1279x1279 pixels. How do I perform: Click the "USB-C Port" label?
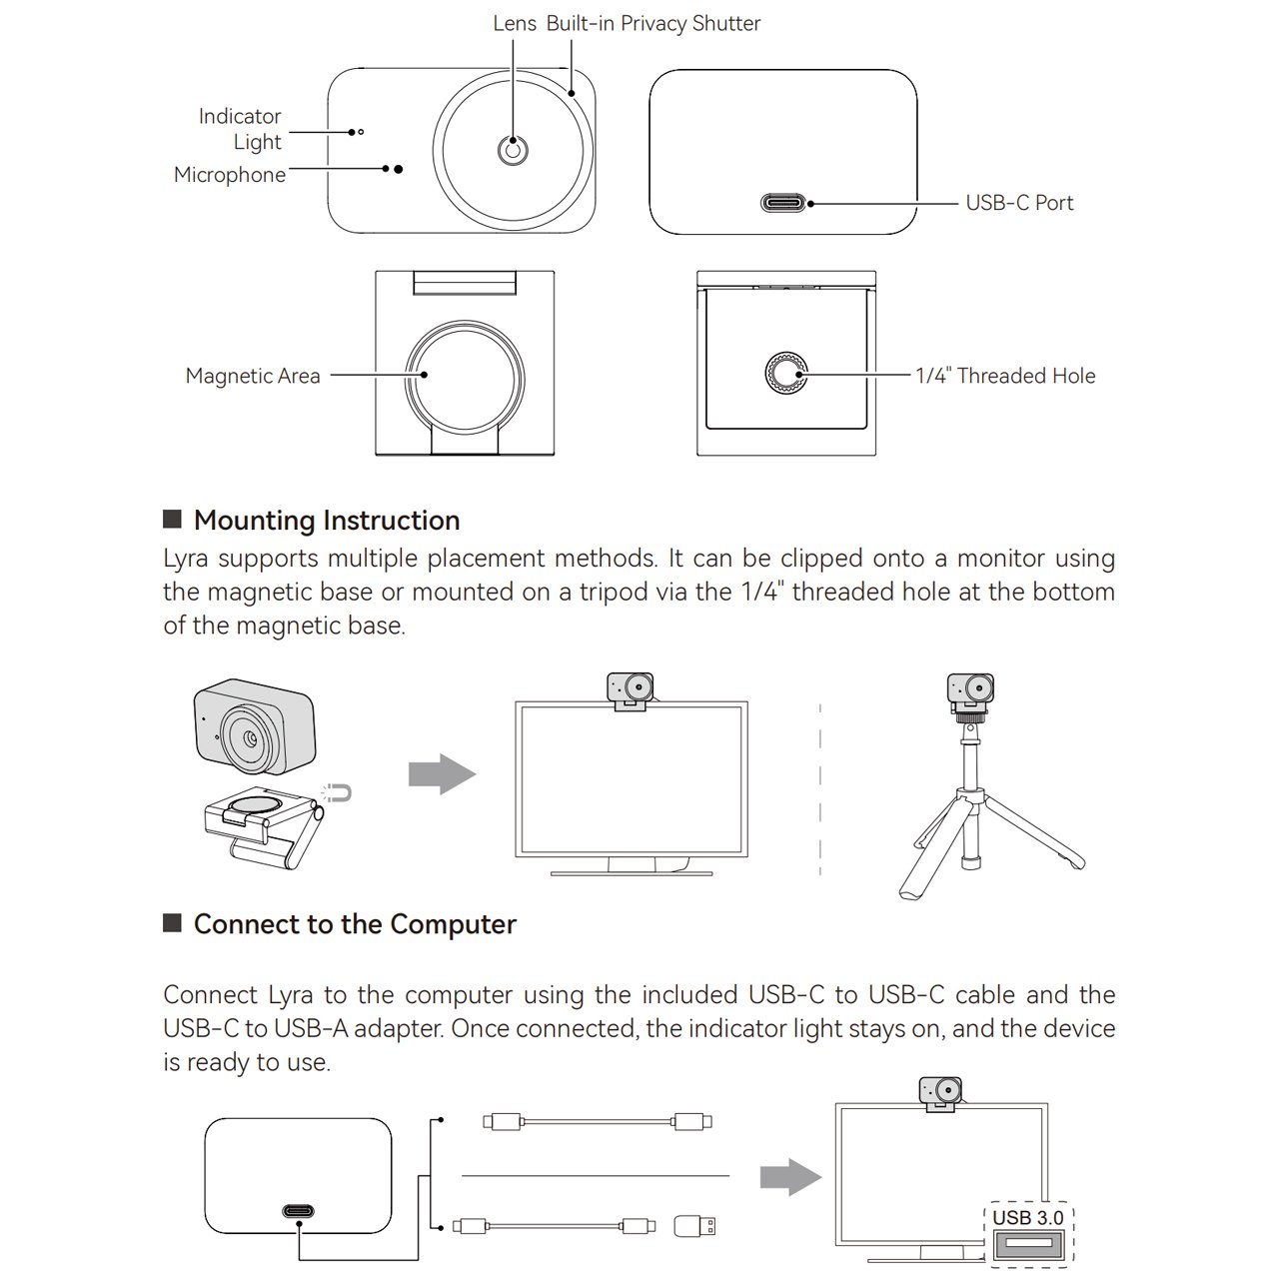coord(1018,203)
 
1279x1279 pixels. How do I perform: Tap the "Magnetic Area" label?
coord(253,376)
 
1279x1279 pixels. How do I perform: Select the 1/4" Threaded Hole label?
coord(1005,376)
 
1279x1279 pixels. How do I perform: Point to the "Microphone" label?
coord(230,175)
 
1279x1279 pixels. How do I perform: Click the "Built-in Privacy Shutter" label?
coord(652,23)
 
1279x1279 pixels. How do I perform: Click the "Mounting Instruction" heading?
coord(327,521)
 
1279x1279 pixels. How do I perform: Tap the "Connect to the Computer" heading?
coord(355,924)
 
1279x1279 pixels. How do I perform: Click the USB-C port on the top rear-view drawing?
coord(783,203)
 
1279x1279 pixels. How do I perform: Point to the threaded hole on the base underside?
coord(786,374)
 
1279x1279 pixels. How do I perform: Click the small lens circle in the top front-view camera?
coord(513,151)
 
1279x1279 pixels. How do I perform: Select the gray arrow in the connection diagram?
coord(790,1176)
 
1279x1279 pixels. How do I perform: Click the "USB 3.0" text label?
coord(1027,1218)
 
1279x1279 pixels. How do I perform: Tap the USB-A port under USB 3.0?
coord(1027,1245)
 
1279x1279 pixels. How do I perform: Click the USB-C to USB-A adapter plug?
coord(695,1225)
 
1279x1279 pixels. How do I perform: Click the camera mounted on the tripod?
coord(970,690)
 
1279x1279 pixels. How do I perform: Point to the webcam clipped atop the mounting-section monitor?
coord(631,690)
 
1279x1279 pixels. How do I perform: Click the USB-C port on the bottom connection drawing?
coord(298,1212)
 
